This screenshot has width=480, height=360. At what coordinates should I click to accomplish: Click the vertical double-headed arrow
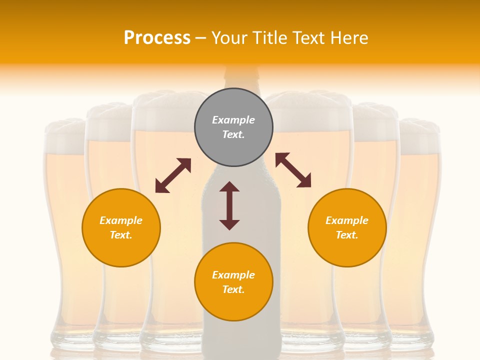[229, 205]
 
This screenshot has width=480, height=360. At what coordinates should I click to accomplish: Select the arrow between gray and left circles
[173, 175]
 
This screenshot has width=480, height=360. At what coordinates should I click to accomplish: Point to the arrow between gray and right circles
[293, 170]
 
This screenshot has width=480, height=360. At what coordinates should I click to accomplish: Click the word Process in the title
[157, 37]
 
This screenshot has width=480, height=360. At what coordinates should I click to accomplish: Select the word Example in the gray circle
[233, 120]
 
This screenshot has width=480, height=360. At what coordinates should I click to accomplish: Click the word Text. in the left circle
[121, 235]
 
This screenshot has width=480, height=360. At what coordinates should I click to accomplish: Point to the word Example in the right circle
[347, 220]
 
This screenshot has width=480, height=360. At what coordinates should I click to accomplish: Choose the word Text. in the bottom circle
[233, 289]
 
